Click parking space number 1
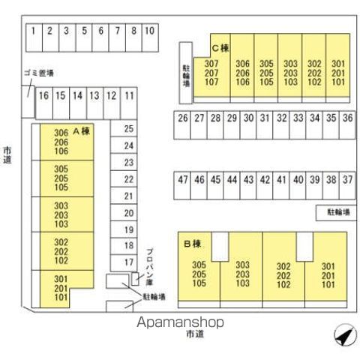(x=34, y=37)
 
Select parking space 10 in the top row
(x=150, y=37)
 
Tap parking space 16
(x=44, y=103)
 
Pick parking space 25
(x=124, y=128)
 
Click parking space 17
(x=124, y=262)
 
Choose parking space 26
(x=182, y=125)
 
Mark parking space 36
(x=347, y=125)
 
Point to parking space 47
(x=182, y=185)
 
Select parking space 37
(x=347, y=185)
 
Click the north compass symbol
(x=345, y=334)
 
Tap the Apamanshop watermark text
(x=180, y=322)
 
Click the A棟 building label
(x=81, y=131)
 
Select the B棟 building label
(x=193, y=244)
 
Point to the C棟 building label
(x=220, y=48)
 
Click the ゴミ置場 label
(x=39, y=73)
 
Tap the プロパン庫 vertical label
(x=150, y=267)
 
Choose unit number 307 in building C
(x=211, y=64)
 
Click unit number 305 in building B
(x=199, y=265)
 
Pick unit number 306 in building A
(x=61, y=133)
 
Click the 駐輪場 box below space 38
(x=336, y=213)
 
